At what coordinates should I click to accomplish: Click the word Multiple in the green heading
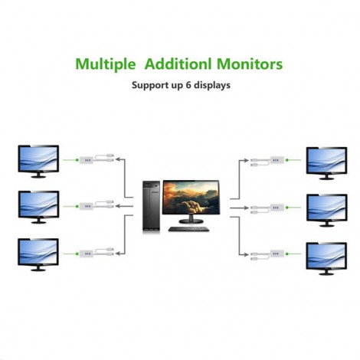pos(106,64)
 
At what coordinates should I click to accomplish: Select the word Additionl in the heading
pos(178,64)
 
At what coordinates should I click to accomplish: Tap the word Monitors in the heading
pos(250,64)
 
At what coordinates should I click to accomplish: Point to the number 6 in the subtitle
pos(188,85)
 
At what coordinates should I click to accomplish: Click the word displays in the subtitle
pos(212,86)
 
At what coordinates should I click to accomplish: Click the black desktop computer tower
pos(152,206)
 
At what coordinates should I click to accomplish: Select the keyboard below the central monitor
pos(188,229)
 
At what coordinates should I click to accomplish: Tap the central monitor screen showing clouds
pos(191,197)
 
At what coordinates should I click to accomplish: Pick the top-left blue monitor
pos(38,162)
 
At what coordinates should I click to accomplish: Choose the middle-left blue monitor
pos(38,207)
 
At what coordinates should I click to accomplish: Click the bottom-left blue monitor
pos(38,254)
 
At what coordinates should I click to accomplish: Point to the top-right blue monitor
pos(326,163)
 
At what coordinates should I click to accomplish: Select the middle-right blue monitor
pos(327,211)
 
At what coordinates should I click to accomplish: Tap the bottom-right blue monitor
pos(326,259)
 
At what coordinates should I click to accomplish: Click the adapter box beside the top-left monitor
pos(87,160)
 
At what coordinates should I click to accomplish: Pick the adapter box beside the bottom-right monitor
pos(277,254)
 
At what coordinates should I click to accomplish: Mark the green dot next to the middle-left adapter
pos(77,206)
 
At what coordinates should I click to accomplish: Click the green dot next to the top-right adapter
pos(287,160)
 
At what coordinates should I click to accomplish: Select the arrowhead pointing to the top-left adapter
pos(118,159)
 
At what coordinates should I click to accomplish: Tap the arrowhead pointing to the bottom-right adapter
pos(247,254)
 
